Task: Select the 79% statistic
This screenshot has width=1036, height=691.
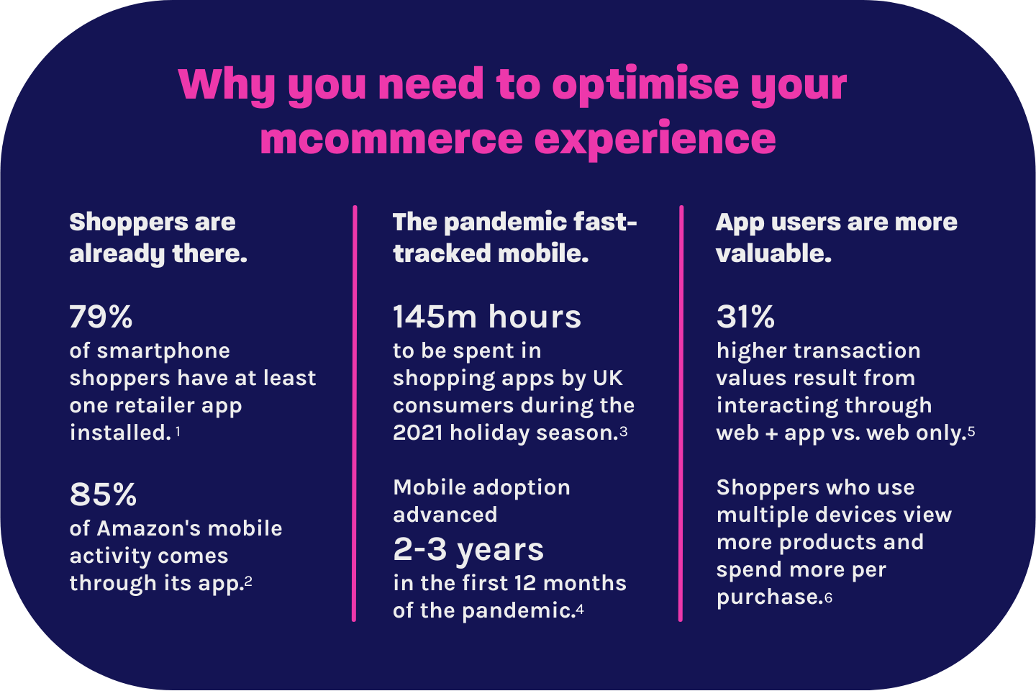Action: [x=101, y=317]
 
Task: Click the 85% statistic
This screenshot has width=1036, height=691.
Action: [x=103, y=494]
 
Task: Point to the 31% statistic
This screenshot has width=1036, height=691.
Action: [x=745, y=317]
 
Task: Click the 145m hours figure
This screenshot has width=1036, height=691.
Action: [x=486, y=317]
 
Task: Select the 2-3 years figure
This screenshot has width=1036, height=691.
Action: [x=468, y=549]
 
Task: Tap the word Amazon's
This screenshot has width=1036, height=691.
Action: [x=149, y=528]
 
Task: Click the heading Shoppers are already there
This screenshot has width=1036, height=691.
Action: [x=158, y=238]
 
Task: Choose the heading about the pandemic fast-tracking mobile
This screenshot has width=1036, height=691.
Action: [x=514, y=238]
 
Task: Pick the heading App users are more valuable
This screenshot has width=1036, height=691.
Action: [x=836, y=238]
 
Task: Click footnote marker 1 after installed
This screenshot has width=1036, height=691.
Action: [x=178, y=432]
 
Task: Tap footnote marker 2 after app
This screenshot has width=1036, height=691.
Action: [x=248, y=581]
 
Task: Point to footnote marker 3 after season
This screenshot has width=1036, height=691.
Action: [x=624, y=431]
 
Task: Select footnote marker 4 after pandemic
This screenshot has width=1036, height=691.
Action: [x=580, y=610]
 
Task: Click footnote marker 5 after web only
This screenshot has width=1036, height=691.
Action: [x=971, y=431]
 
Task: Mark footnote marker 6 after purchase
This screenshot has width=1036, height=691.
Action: [x=829, y=597]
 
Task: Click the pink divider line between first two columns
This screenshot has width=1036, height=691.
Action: [x=354, y=414]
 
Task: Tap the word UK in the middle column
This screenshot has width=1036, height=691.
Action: [x=608, y=378]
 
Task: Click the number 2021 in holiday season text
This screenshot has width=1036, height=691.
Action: [x=418, y=433]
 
